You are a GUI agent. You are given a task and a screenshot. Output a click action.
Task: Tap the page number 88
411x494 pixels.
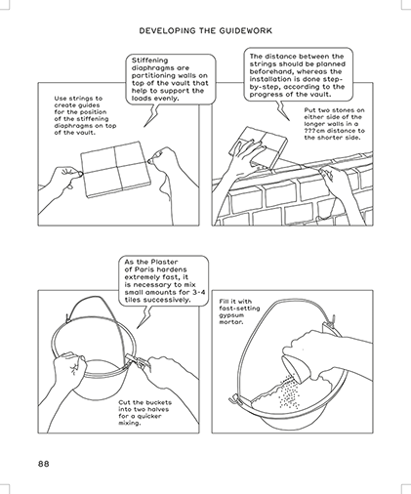pyautogui.click(x=44, y=464)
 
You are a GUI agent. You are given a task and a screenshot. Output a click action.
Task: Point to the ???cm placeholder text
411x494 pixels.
pyautogui.click(x=314, y=131)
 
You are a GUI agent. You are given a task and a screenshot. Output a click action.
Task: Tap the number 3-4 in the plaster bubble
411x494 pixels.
pyautogui.click(x=200, y=292)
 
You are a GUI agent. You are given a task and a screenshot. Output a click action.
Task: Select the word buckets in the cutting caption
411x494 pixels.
pyautogui.click(x=158, y=402)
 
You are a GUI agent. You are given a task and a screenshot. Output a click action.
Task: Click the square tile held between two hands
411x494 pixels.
pyautogui.click(x=115, y=169)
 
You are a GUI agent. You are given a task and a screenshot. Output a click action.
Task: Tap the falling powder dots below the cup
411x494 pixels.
pyautogui.click(x=288, y=392)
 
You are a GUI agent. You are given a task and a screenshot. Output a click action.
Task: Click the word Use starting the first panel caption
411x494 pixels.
pyautogui.click(x=61, y=99)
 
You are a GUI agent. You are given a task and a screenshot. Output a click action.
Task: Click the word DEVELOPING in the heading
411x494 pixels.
pyautogui.click(x=168, y=31)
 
